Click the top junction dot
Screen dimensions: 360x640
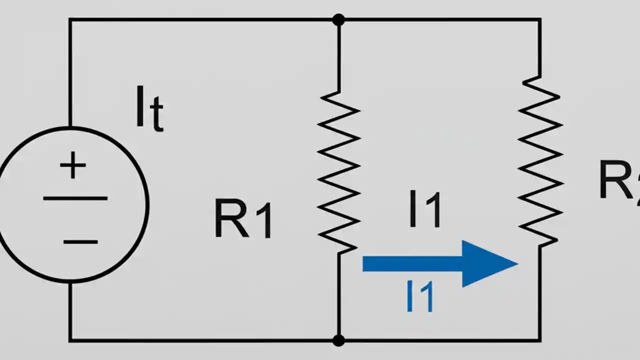coord(338,20)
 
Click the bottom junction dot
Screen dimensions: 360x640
coord(338,340)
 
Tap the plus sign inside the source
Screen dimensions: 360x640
coord(73,166)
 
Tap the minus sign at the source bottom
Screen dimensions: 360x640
coord(80,242)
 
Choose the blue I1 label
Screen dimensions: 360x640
coord(420,297)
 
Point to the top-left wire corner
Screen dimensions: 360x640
coord(69,20)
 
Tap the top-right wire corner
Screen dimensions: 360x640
coord(540,20)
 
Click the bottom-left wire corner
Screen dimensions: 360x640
coord(69,340)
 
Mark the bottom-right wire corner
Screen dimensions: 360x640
coord(540,340)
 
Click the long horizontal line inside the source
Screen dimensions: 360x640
coord(75,198)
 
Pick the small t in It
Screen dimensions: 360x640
coord(156,116)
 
